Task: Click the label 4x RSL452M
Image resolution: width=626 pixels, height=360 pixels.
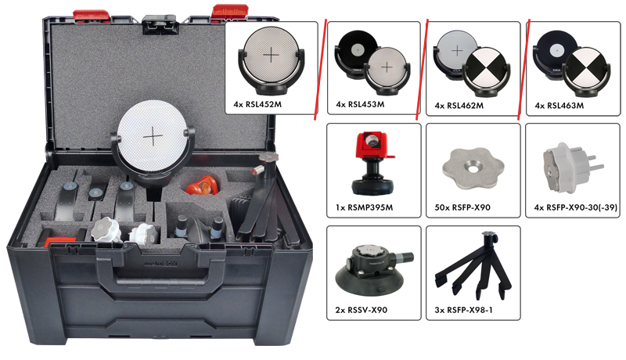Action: [x=257, y=105]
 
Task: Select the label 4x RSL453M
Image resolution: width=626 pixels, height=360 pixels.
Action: [x=360, y=105]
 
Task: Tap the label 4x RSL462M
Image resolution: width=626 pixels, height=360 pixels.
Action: [x=459, y=106]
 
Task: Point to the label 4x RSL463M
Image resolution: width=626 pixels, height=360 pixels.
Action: [x=559, y=106]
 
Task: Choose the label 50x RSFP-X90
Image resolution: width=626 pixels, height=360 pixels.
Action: [x=462, y=207]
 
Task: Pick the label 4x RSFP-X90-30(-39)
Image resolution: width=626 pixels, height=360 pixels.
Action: [x=576, y=207]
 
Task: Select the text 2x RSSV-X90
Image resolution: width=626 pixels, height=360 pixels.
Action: [x=362, y=310]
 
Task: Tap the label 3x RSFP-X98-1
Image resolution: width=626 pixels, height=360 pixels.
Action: [x=463, y=310]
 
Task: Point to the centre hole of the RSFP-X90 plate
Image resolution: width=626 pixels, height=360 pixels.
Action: [x=473, y=169]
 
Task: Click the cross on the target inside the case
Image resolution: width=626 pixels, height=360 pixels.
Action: [x=153, y=137]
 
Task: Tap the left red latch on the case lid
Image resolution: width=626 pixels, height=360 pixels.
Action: [x=92, y=15]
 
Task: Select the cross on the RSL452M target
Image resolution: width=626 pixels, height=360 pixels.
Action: [x=271, y=55]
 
